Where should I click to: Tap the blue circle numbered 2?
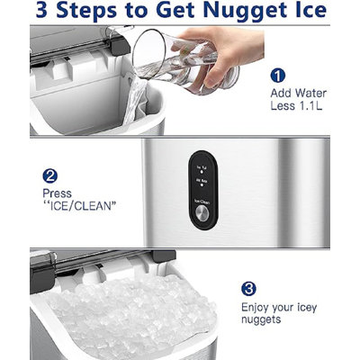[x=49, y=176]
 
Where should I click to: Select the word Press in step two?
[x=56, y=193]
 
